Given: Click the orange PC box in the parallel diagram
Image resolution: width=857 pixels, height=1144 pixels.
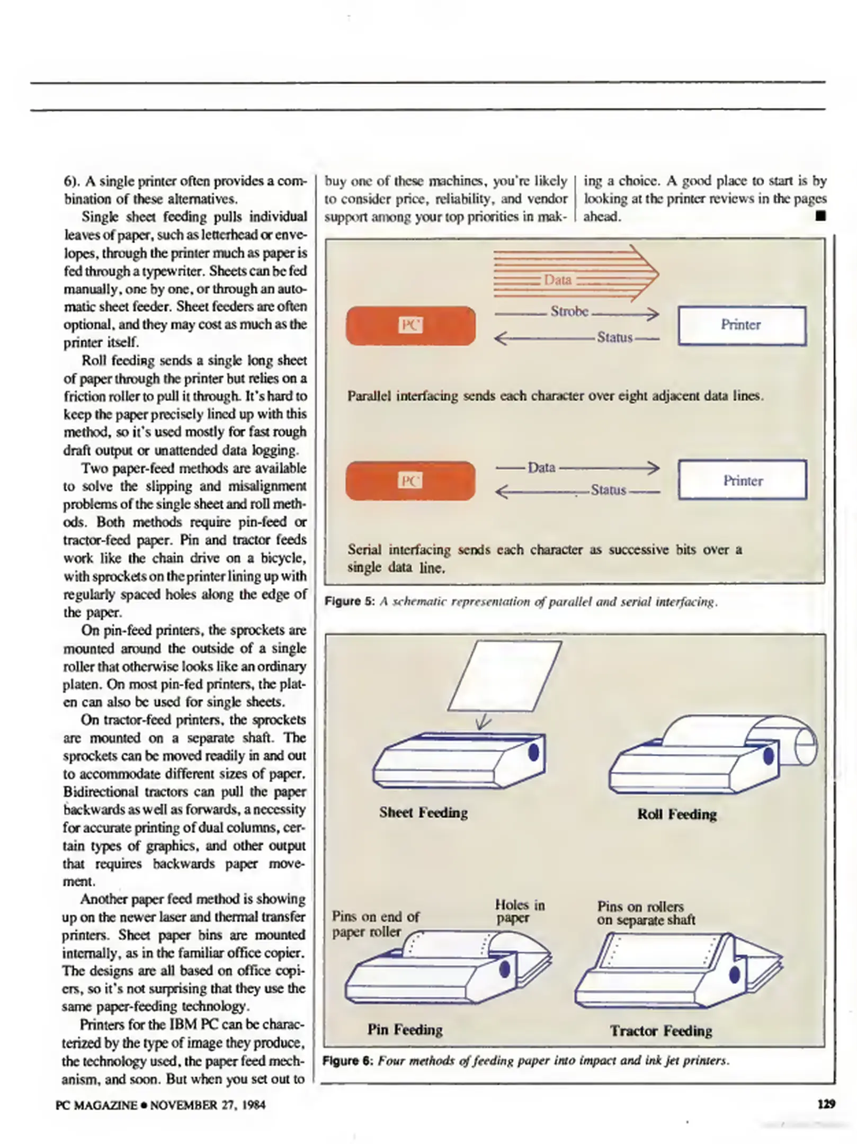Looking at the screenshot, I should pyautogui.click(x=410, y=325).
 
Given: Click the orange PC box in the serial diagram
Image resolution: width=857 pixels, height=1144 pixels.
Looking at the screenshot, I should pyautogui.click(x=410, y=480).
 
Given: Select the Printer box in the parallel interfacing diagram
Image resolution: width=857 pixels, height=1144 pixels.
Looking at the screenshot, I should pyautogui.click(x=742, y=325).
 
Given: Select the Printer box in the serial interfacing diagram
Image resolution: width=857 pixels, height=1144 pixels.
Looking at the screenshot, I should pyautogui.click(x=742, y=480).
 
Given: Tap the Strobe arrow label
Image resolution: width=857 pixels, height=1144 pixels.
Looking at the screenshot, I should pyautogui.click(x=569, y=311).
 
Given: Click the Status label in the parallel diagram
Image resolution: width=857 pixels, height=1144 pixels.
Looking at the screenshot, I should pyautogui.click(x=614, y=337).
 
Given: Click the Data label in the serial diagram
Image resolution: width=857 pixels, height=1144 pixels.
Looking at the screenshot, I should pyautogui.click(x=541, y=467).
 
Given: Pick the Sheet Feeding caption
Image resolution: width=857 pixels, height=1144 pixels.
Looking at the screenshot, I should pyautogui.click(x=423, y=812).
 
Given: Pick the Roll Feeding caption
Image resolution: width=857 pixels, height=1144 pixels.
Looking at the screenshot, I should pyautogui.click(x=676, y=814).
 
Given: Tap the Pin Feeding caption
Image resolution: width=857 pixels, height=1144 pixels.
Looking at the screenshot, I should pyautogui.click(x=405, y=1029).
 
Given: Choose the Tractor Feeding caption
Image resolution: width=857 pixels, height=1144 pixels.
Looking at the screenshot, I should pyautogui.click(x=660, y=1031).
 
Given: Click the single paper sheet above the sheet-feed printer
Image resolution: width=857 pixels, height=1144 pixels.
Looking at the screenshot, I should pyautogui.click(x=504, y=676).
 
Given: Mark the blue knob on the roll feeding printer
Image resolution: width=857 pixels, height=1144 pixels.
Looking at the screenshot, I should pyautogui.click(x=768, y=756).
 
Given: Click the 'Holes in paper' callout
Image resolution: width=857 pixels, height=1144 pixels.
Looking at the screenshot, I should pyautogui.click(x=519, y=911).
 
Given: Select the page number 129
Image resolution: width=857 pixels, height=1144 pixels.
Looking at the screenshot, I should pyautogui.click(x=826, y=1104).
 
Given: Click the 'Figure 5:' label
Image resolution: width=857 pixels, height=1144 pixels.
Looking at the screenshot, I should pyautogui.click(x=350, y=602).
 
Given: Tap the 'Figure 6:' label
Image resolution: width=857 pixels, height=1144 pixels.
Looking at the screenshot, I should pyautogui.click(x=348, y=1060).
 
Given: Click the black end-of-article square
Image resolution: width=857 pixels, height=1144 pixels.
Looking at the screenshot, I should pyautogui.click(x=820, y=216).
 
